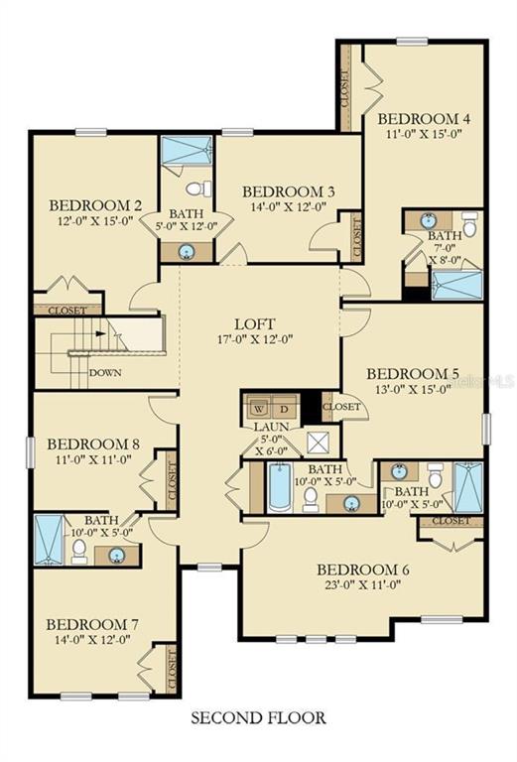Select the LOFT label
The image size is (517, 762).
tap(254, 323)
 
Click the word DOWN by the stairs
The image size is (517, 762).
tap(105, 373)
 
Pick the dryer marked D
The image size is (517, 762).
tap(285, 408)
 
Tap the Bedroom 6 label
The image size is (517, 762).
tap(363, 570)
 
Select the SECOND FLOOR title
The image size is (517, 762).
tap(258, 715)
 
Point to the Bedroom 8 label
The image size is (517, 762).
tap(92, 444)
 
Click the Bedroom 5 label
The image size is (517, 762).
tap(413, 373)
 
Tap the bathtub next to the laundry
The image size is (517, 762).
tap(278, 486)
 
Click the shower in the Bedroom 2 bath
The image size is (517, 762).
tap(188, 152)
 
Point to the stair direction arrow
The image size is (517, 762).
tap(99, 334)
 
